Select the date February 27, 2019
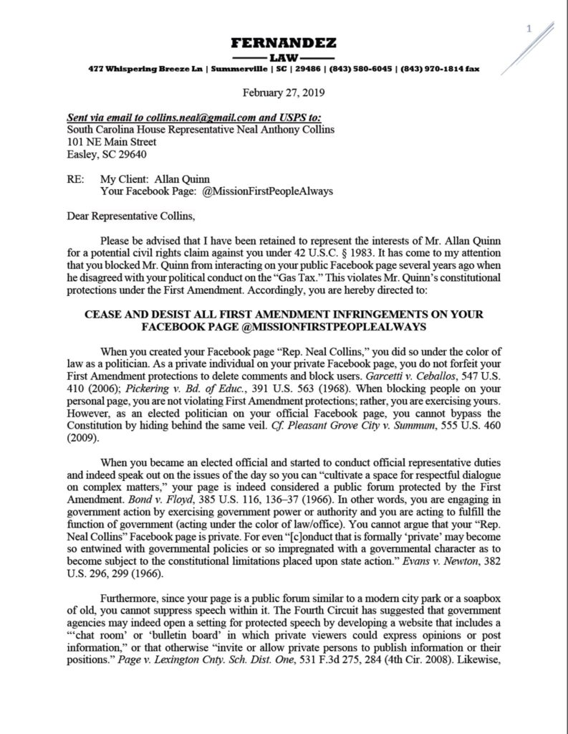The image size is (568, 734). (x=284, y=92)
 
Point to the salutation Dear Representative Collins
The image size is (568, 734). (x=130, y=216)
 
